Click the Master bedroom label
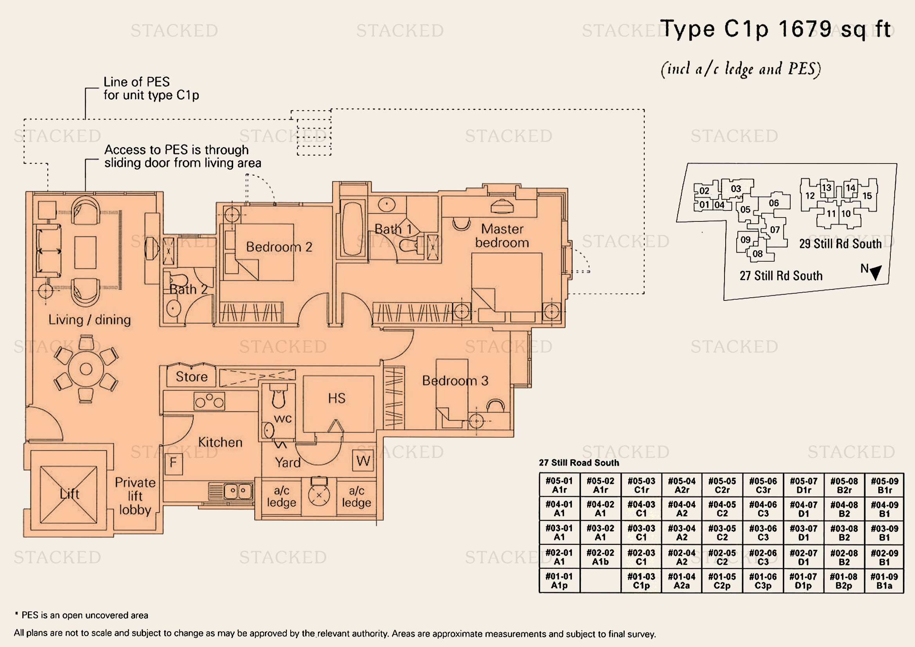pyautogui.click(x=502, y=235)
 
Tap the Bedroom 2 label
pyautogui.click(x=279, y=247)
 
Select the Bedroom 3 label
pyautogui.click(x=455, y=381)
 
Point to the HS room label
pyautogui.click(x=337, y=398)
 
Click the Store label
pyautogui.click(x=192, y=377)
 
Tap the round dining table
pyautogui.click(x=86, y=369)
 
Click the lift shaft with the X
pyautogui.click(x=68, y=494)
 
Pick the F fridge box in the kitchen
pyautogui.click(x=173, y=463)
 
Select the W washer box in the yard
pyautogui.click(x=363, y=460)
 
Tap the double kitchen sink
pyautogui.click(x=238, y=491)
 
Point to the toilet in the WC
pyautogui.click(x=279, y=396)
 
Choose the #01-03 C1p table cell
pyautogui.click(x=641, y=581)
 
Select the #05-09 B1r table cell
pyautogui.click(x=884, y=485)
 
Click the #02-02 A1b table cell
pyautogui.click(x=600, y=557)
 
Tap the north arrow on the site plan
pyautogui.click(x=876, y=273)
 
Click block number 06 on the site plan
pyautogui.click(x=774, y=203)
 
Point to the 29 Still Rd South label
pyautogui.click(x=840, y=244)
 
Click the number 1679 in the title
pyautogui.click(x=805, y=29)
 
